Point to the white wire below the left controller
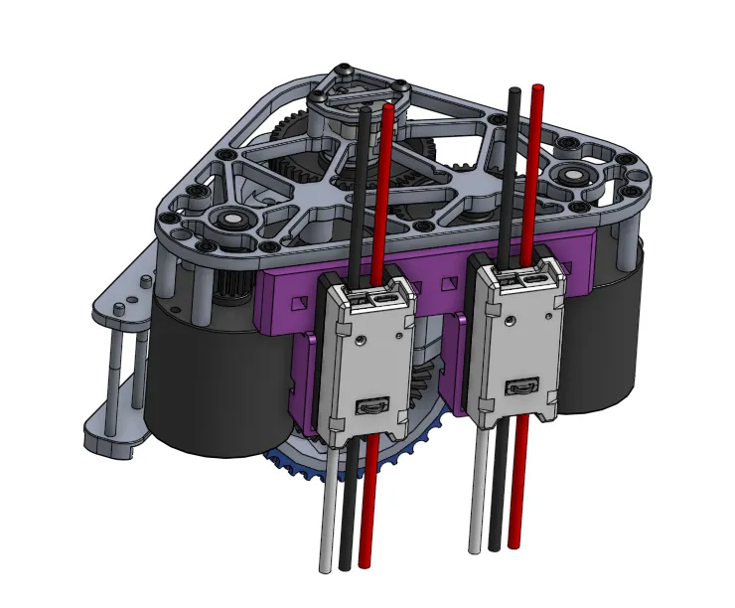click(x=326, y=517)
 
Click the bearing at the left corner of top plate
click(x=230, y=220)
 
